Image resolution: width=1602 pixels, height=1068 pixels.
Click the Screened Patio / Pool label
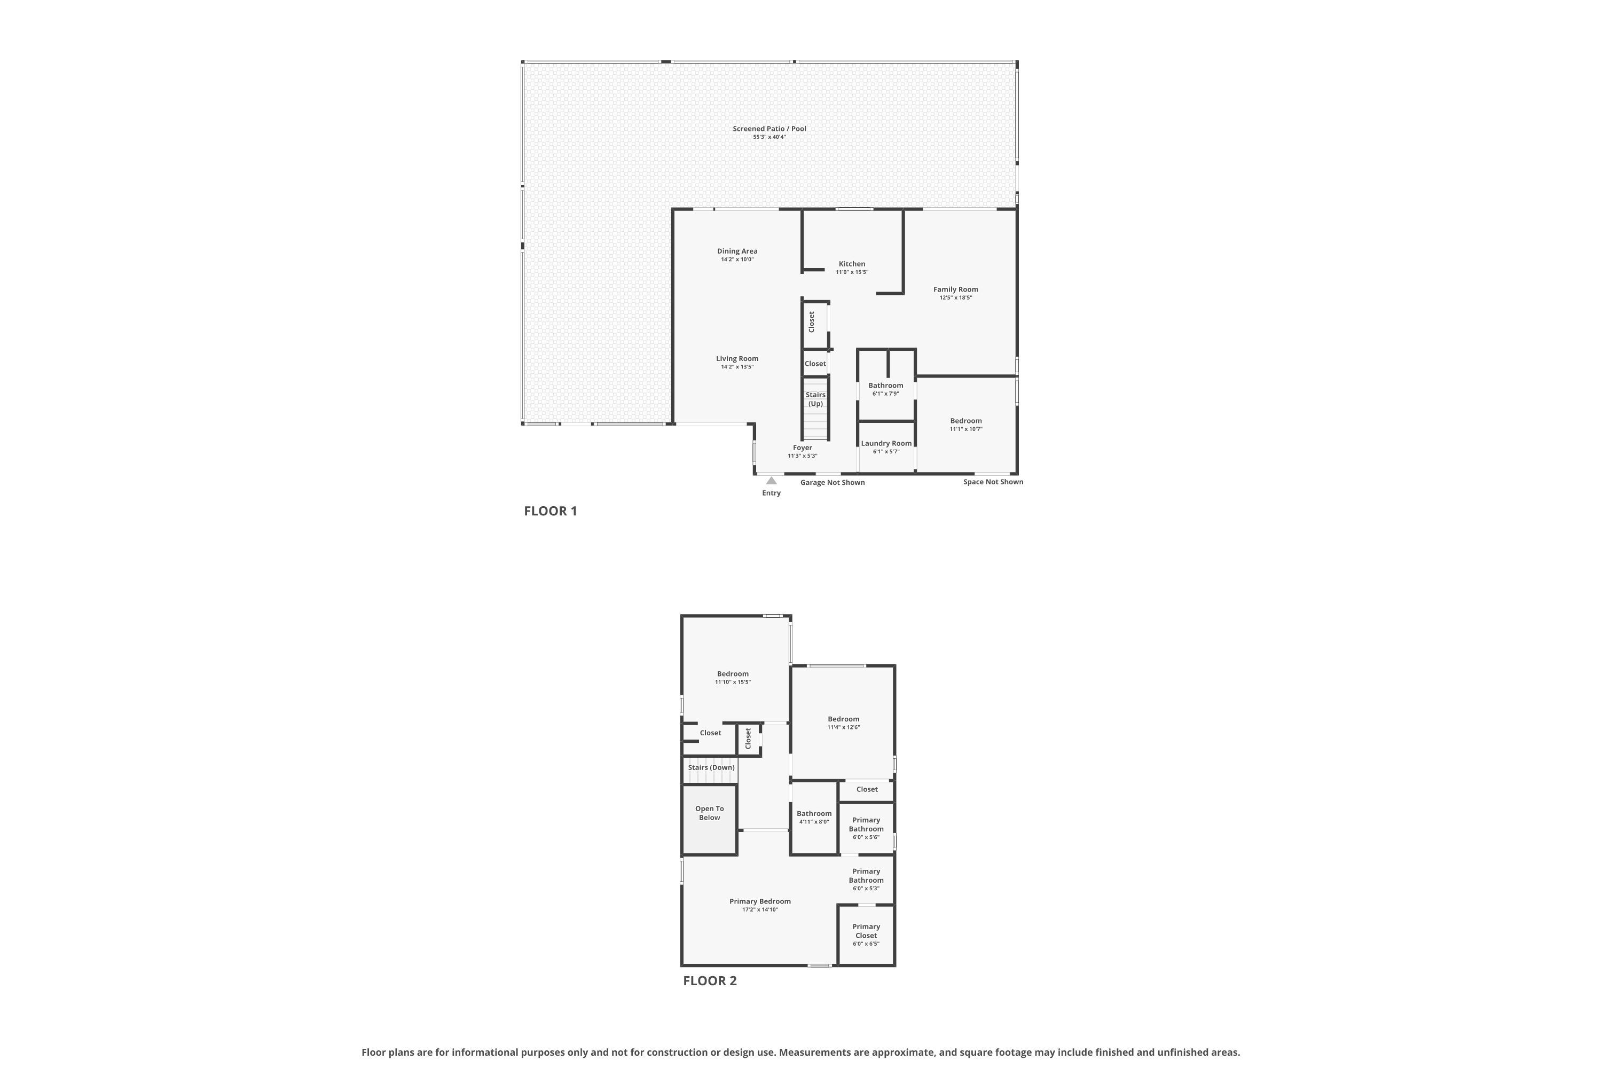click(769, 129)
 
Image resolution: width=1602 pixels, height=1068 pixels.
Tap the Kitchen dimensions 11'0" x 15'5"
click(851, 272)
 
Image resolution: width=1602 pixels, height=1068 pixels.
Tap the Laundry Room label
click(885, 443)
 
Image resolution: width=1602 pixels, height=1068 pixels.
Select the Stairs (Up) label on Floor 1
click(815, 399)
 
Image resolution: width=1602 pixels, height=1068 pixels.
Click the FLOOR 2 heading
click(709, 981)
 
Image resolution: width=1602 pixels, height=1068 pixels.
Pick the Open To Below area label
click(709, 813)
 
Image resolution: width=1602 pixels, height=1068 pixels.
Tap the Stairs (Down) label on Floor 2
click(711, 768)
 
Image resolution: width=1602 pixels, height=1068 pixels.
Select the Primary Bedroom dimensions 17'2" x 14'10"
click(759, 910)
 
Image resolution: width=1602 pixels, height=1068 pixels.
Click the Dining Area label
click(737, 252)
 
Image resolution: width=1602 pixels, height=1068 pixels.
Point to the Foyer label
click(803, 448)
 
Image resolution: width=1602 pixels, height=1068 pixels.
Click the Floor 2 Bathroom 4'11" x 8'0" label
click(814, 814)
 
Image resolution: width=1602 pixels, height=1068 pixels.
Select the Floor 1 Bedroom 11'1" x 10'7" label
click(966, 421)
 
